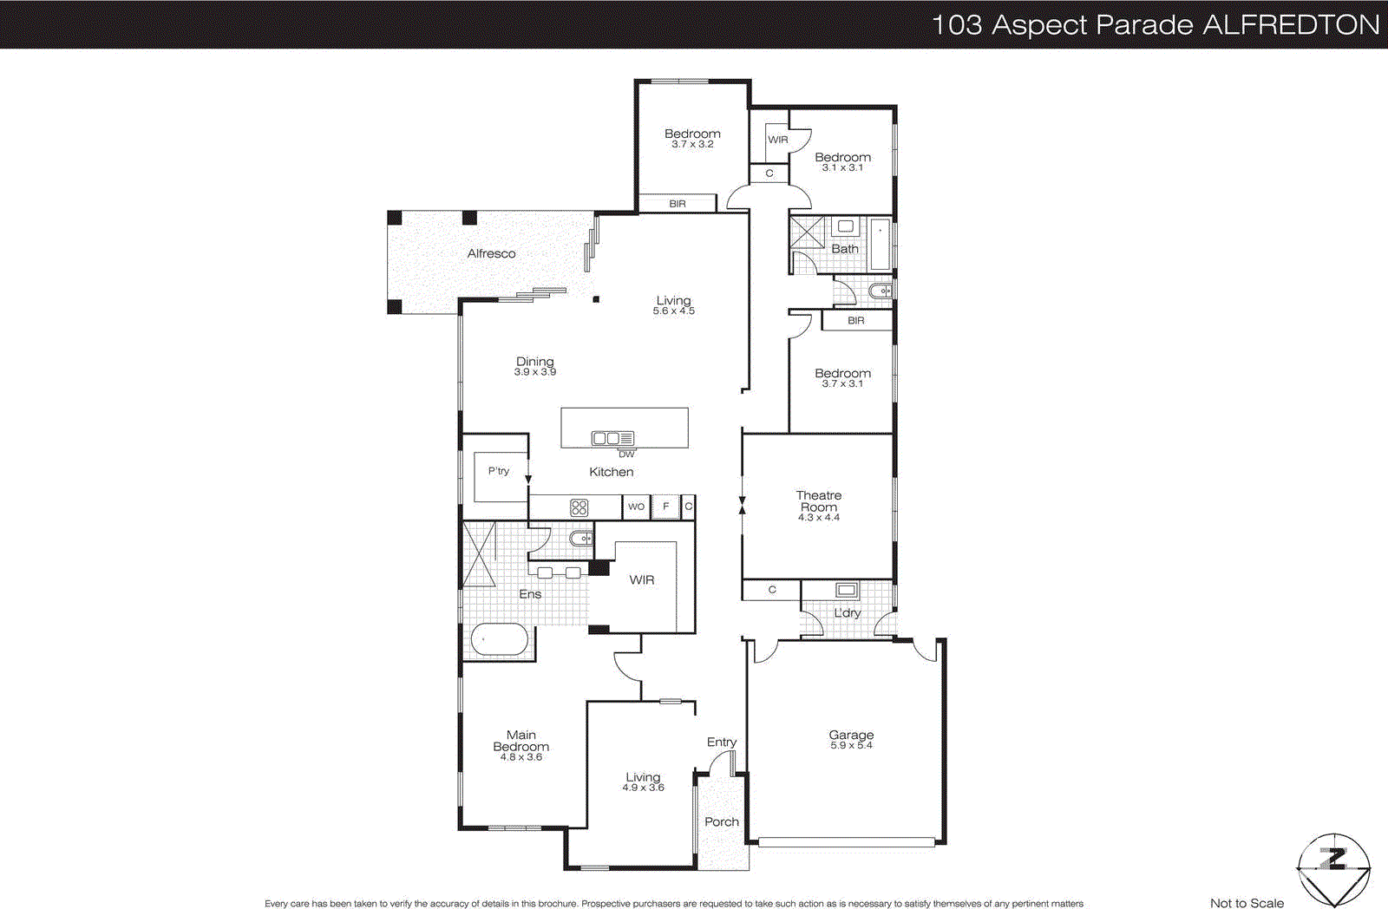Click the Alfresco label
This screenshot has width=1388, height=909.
(491, 253)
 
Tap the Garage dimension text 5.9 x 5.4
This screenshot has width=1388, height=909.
(851, 746)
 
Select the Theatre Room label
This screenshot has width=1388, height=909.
(819, 500)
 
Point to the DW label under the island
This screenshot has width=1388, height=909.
(626, 454)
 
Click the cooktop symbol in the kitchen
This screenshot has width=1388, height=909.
(579, 507)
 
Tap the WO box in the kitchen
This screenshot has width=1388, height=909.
(636, 507)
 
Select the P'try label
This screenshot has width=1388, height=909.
(498, 471)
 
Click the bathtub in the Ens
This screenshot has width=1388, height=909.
(499, 642)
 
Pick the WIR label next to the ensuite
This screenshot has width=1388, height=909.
(642, 579)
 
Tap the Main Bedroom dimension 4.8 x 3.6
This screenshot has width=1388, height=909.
(520, 757)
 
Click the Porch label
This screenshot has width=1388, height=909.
(722, 821)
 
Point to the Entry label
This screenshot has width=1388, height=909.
(721, 742)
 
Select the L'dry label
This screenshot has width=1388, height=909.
(848, 612)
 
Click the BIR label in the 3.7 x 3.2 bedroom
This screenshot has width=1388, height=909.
(678, 204)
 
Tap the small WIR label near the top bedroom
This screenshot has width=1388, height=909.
(778, 140)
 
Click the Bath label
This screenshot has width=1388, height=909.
(845, 249)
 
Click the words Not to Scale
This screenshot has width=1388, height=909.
(1247, 903)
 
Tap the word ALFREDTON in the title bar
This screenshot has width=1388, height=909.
(1292, 24)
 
